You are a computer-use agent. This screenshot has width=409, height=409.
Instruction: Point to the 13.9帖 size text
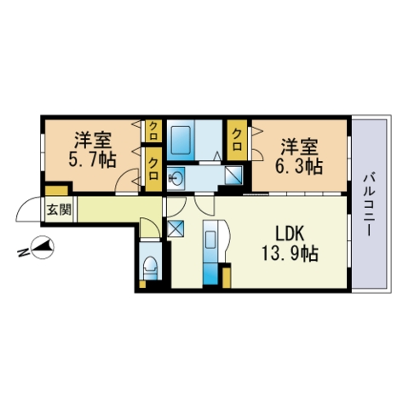coord(291,253)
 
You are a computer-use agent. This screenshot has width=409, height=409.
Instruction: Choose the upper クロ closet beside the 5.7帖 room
coord(153,130)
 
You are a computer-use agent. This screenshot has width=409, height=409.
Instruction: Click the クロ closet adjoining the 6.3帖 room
coord(237,135)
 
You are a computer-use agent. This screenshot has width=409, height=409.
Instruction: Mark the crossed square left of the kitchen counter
coord(177,228)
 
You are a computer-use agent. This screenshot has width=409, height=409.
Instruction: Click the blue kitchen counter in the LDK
coord(210,252)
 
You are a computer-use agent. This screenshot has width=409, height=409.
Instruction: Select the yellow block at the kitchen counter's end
coord(226,277)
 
